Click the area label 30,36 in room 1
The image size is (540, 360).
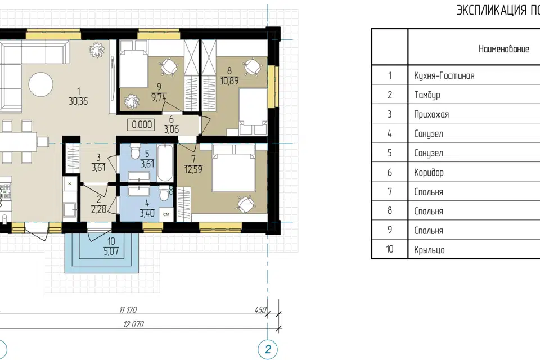pos(79,101)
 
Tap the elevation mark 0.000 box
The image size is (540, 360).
pos(142,124)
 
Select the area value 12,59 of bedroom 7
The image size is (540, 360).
pos(193,169)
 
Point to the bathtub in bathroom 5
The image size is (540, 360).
pos(165,163)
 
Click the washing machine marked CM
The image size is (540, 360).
pos(166,214)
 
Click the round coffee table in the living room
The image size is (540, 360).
pos(40,84)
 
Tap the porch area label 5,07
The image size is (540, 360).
pos(111,251)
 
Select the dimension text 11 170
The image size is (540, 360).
pos(128,310)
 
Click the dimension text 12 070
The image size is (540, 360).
pos(134,324)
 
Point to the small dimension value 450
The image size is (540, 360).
pos(260,310)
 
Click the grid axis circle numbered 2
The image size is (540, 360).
pos(268,349)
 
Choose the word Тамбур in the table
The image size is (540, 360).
pos(427,94)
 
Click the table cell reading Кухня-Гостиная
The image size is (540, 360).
pos(444,75)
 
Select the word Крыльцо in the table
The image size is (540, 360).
pos(429,249)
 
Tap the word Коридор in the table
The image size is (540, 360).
pos(429,172)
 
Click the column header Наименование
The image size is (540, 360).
pos(504,48)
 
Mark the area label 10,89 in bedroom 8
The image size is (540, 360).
pos(229,80)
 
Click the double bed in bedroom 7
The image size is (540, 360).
pos(235,168)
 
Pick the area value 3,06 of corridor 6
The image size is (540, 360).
pos(171,129)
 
